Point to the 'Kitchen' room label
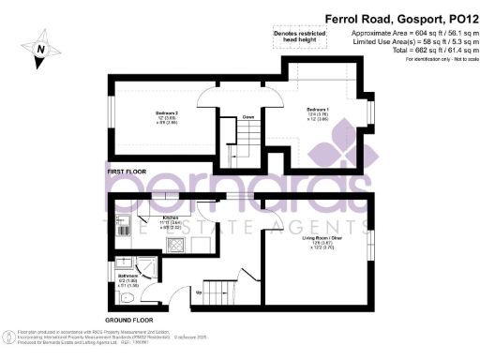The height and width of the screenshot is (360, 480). pos(170,217)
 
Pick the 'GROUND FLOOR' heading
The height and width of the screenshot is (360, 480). pos(128,320)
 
